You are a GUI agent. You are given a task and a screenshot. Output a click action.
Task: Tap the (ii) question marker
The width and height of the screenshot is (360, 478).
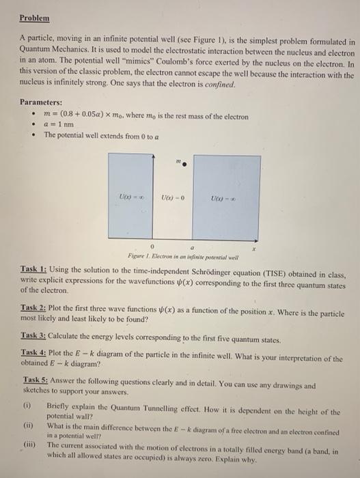tap(29, 424)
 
